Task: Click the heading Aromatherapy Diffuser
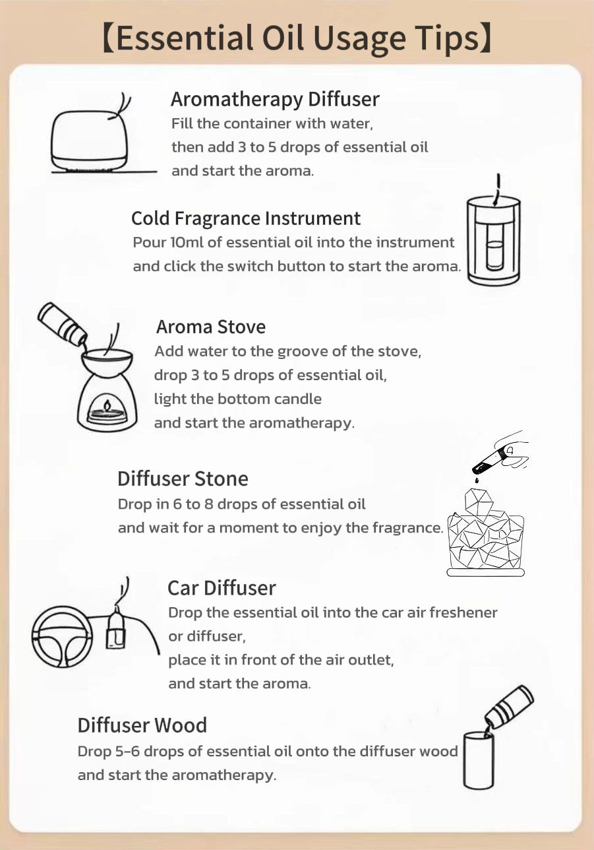[275, 100]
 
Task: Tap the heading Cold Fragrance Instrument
[246, 218]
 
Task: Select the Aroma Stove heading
[211, 327]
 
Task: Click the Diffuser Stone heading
[183, 478]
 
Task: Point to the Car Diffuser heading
[222, 588]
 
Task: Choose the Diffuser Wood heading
[142, 725]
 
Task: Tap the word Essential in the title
[185, 38]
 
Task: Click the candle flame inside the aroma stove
[107, 405]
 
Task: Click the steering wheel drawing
[62, 636]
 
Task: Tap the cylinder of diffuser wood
[479, 760]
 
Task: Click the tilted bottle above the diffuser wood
[509, 707]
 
